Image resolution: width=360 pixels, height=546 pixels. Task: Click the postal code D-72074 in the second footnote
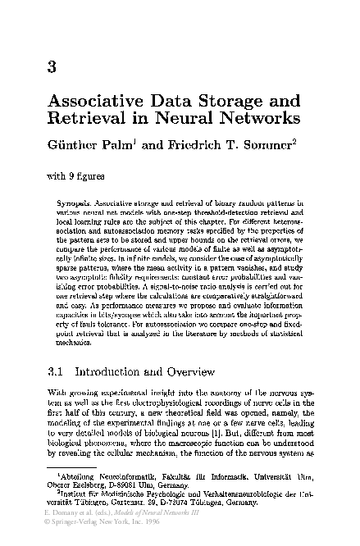186,502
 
